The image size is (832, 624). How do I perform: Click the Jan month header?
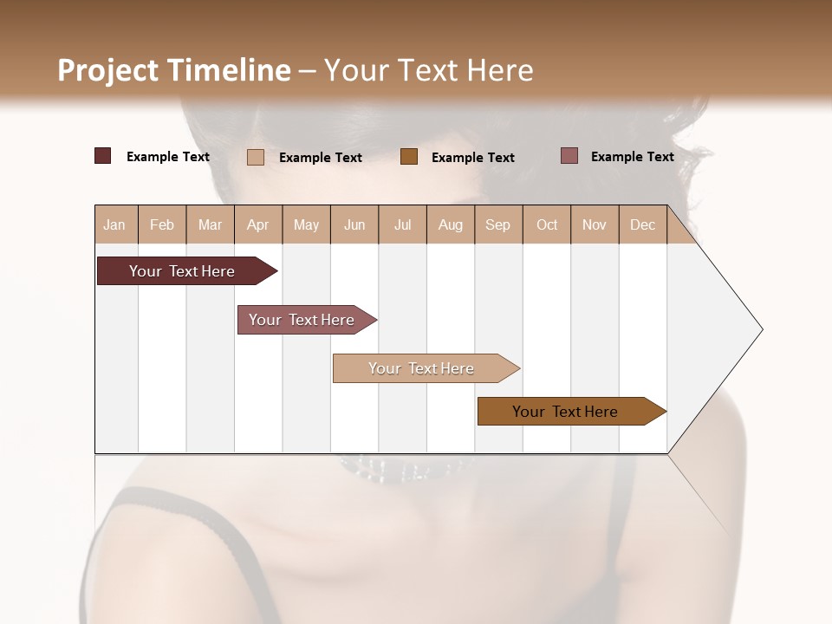(x=114, y=224)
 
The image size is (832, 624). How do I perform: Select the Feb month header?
(x=162, y=224)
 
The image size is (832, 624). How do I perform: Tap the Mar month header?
(x=210, y=224)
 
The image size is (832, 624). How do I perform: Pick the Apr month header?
(x=258, y=224)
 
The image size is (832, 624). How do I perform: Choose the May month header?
(x=306, y=224)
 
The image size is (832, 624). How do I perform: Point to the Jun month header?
(x=354, y=224)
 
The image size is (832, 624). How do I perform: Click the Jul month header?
(x=402, y=224)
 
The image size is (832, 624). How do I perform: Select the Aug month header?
(x=451, y=224)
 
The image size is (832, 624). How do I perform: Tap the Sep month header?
(x=498, y=224)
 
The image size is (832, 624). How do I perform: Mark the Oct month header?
(x=547, y=224)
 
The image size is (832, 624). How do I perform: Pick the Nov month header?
(x=595, y=224)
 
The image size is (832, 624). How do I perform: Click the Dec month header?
(x=643, y=224)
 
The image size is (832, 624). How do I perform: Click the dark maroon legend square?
(x=103, y=156)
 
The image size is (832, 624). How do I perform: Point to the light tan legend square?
(x=256, y=157)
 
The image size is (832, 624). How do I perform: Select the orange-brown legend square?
(x=409, y=157)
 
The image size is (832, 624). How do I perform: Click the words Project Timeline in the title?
(x=174, y=70)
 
